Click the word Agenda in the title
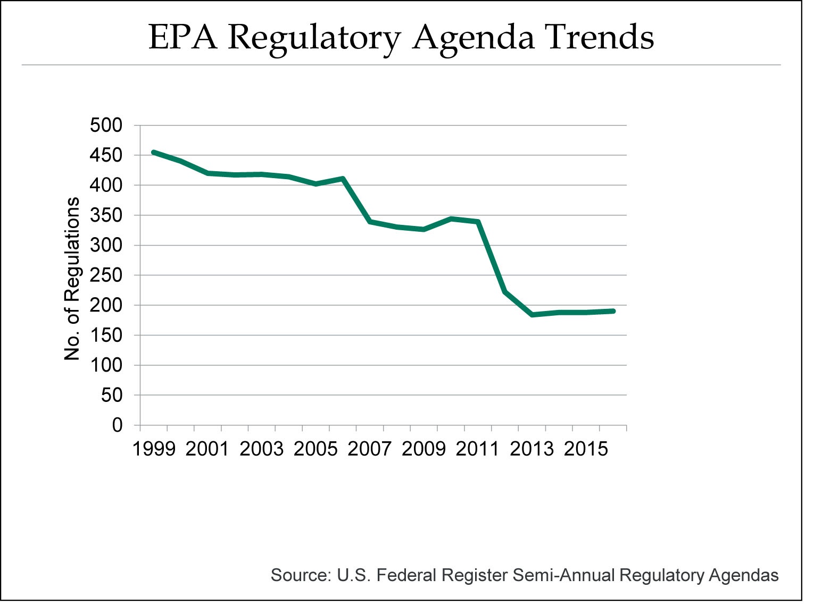click(x=473, y=37)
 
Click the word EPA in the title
click(x=182, y=37)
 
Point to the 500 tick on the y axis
click(x=106, y=125)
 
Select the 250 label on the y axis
click(x=106, y=275)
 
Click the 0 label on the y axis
click(x=117, y=425)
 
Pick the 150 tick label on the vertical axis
click(x=106, y=335)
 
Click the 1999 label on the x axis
click(x=154, y=449)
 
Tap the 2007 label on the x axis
click(x=370, y=449)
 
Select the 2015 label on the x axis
click(x=586, y=449)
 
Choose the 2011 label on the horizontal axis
click(x=478, y=449)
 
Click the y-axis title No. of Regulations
click(x=72, y=279)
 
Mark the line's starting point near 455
click(x=154, y=152)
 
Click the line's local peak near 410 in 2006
click(x=343, y=179)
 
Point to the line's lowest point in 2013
click(x=532, y=315)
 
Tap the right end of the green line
click(x=613, y=311)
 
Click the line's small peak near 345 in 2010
click(x=451, y=219)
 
